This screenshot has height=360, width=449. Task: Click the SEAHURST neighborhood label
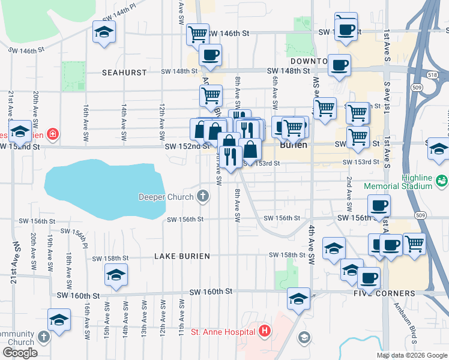(124, 72)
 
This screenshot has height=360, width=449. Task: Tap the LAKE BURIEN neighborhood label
(182, 256)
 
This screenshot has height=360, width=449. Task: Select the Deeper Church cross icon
(204, 196)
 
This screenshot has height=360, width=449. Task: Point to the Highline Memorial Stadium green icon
(442, 180)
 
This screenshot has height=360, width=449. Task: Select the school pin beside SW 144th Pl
(104, 32)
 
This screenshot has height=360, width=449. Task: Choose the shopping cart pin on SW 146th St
(197, 34)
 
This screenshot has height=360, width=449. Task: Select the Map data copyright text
(412, 355)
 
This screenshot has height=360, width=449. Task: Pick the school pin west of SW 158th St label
(116, 275)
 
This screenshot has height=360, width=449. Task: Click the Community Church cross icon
(43, 336)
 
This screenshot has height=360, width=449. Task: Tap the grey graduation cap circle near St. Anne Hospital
(304, 337)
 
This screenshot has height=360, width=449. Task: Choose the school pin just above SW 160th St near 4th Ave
(298, 298)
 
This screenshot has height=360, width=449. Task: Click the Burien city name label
(294, 145)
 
